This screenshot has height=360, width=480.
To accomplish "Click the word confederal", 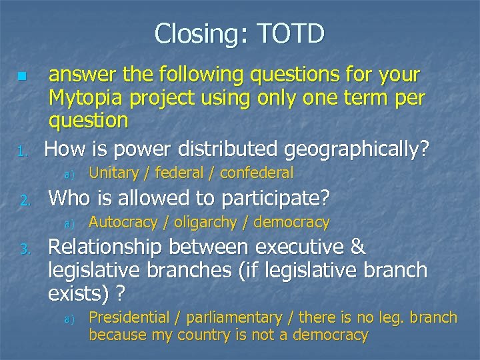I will click(x=257, y=173).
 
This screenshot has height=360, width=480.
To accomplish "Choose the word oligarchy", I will click(x=205, y=222).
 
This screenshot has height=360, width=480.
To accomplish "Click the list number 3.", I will click(x=23, y=250).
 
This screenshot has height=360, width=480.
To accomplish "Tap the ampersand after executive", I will click(x=358, y=247).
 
